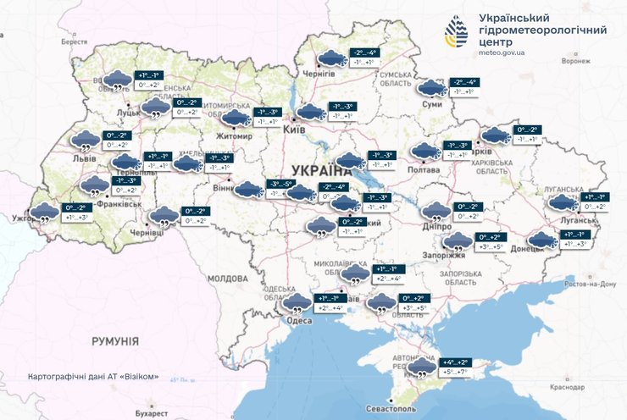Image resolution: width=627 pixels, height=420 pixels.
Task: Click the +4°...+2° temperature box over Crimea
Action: pyautogui.click(x=454, y=362)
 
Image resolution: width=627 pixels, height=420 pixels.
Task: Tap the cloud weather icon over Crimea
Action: pyautogui.click(x=420, y=368)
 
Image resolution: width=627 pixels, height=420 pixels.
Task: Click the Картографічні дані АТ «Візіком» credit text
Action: pyautogui.click(x=93, y=375)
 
